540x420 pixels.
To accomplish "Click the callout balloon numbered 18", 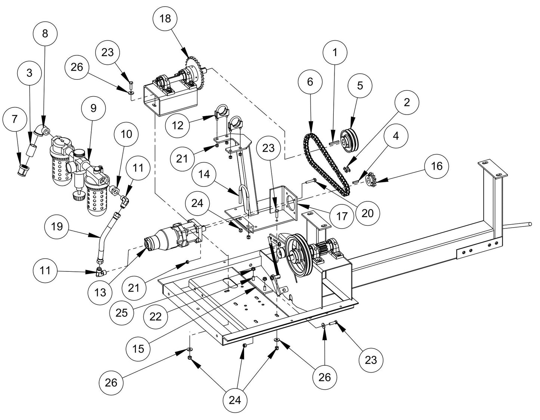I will (165, 18).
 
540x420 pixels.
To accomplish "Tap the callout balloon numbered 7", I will (15, 119).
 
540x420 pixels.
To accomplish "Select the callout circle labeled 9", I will (93, 108).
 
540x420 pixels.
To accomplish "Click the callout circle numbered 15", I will (138, 349).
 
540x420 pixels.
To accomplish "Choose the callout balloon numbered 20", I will (368, 213).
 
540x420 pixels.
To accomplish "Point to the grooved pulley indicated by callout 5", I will (351, 140).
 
